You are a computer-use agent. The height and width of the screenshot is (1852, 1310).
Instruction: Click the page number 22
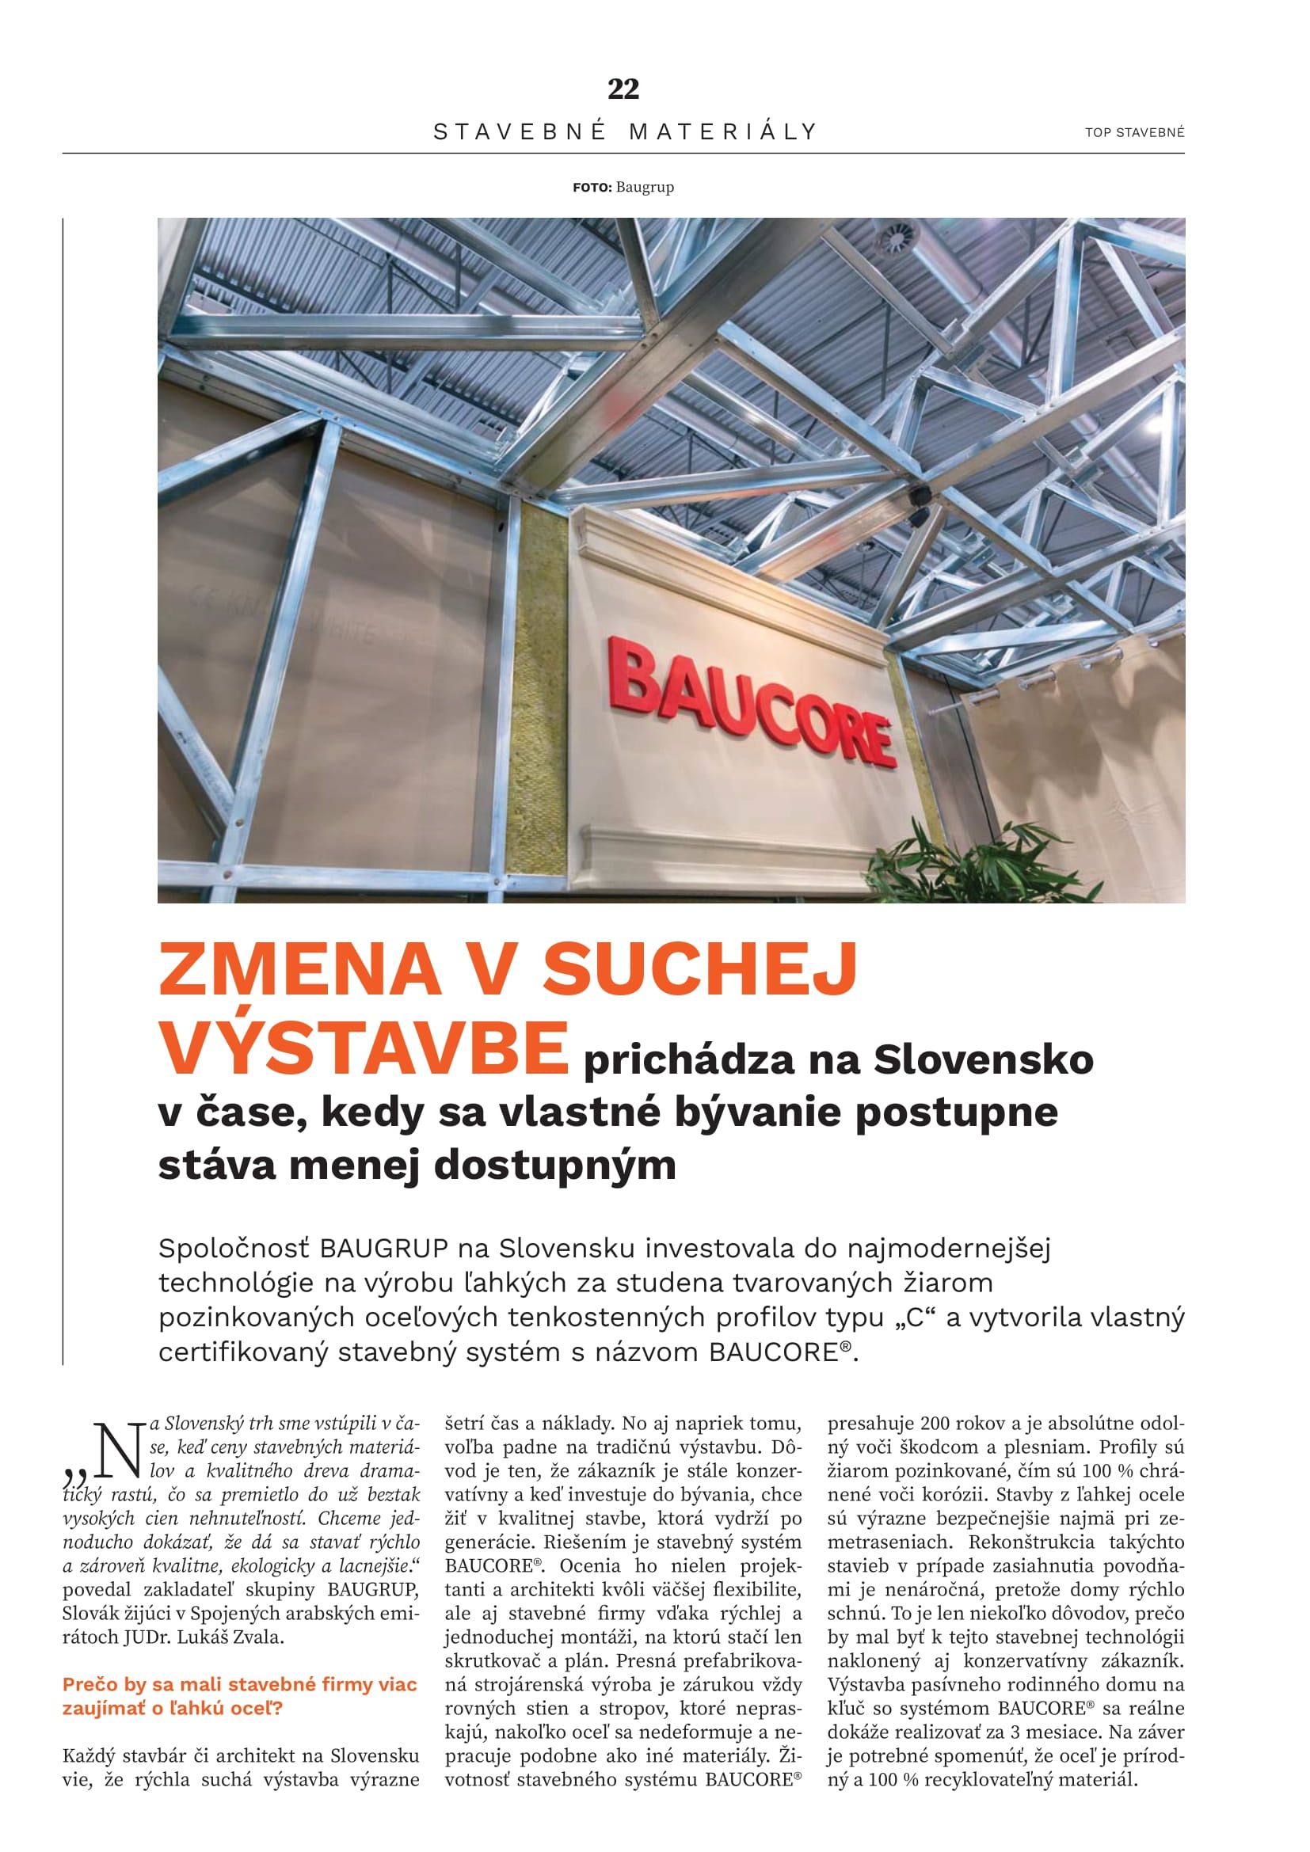[623, 89]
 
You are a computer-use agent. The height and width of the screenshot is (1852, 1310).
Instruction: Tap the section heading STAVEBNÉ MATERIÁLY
[626, 131]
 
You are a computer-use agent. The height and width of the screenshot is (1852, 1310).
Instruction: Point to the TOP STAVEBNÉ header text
[1134, 132]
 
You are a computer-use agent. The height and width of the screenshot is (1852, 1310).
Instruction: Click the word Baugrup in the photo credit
[645, 187]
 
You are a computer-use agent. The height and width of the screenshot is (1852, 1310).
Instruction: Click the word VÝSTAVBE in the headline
[363, 1047]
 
